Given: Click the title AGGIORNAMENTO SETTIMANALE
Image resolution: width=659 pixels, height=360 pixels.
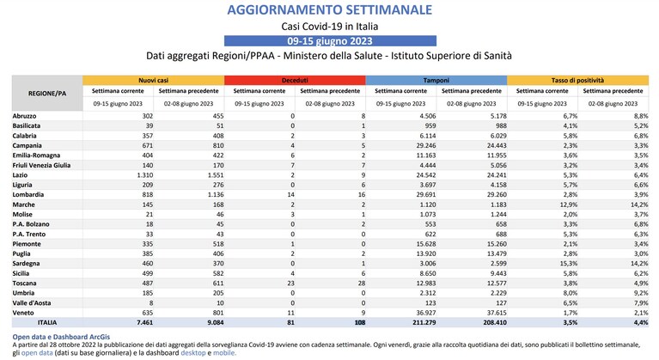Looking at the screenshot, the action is (x=330, y=9).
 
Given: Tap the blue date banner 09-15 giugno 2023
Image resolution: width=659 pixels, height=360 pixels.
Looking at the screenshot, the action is (x=330, y=40).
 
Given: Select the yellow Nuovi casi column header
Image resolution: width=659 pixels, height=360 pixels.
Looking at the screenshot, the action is (x=154, y=80).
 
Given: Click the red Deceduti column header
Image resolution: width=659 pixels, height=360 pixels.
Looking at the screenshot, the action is (x=295, y=80).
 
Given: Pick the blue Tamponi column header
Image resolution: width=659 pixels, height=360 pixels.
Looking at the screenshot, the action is (x=436, y=80).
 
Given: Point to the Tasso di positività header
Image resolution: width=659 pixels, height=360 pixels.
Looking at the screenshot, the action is (x=577, y=80).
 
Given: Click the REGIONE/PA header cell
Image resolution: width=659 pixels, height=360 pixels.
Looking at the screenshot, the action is (x=47, y=94).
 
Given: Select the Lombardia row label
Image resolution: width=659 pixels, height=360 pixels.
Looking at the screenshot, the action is (x=28, y=194).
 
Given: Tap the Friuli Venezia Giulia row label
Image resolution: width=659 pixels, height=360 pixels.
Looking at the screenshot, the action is (x=41, y=165).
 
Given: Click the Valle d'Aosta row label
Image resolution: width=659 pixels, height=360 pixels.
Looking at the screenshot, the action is (x=32, y=303).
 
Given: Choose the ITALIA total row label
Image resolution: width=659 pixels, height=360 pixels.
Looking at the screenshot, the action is (x=47, y=322).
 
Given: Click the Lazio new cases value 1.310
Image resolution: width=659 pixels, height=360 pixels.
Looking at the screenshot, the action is (x=145, y=175).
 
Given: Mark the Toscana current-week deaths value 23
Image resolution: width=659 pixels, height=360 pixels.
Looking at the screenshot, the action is (x=290, y=284).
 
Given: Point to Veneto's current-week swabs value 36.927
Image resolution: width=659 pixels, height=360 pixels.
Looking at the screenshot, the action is (x=426, y=313).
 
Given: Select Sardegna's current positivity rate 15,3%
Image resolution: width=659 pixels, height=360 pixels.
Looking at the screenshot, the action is (x=569, y=264).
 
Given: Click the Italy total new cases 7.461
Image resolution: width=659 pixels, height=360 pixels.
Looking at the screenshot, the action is (x=145, y=322).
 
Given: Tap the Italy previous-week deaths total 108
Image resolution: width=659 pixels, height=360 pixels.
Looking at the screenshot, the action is (x=360, y=322).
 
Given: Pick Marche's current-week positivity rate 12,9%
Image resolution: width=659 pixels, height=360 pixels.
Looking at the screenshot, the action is (x=569, y=204).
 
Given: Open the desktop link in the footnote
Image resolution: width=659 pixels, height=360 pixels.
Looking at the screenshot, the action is (x=193, y=353).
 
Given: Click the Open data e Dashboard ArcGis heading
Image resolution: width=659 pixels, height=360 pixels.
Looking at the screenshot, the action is (x=61, y=337).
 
